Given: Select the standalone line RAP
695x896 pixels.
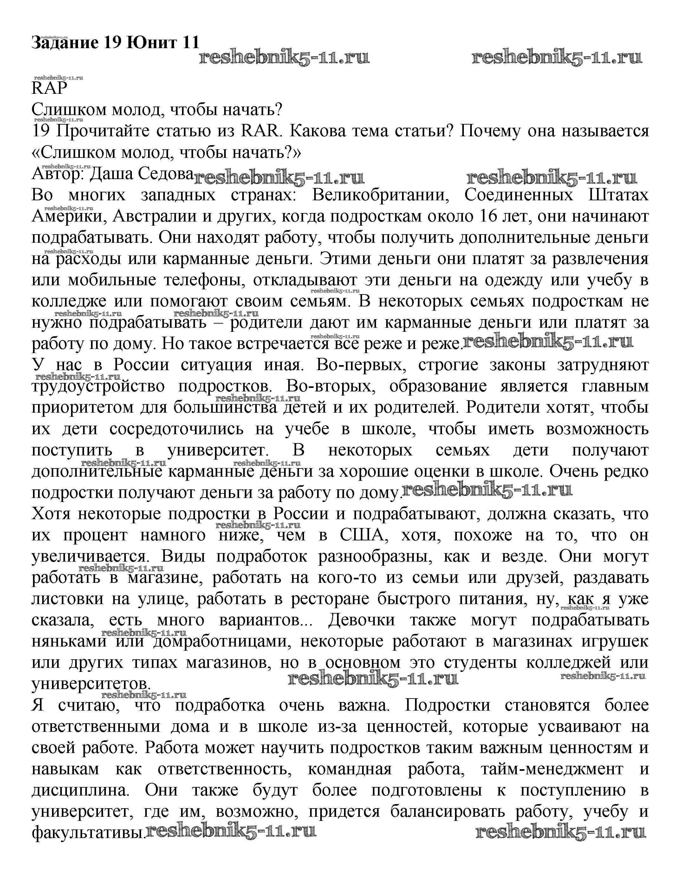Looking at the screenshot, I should pyautogui.click(x=49, y=88).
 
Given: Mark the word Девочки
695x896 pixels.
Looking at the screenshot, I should pyautogui.click(x=361, y=620).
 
